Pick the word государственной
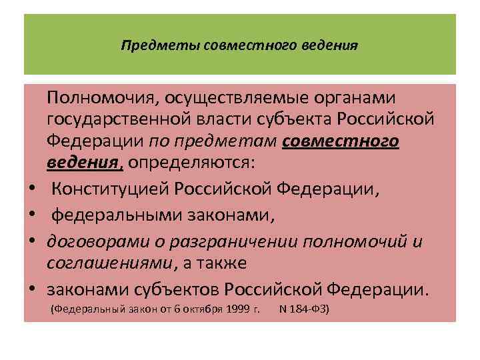tap(131, 120)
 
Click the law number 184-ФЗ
tap(309, 310)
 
